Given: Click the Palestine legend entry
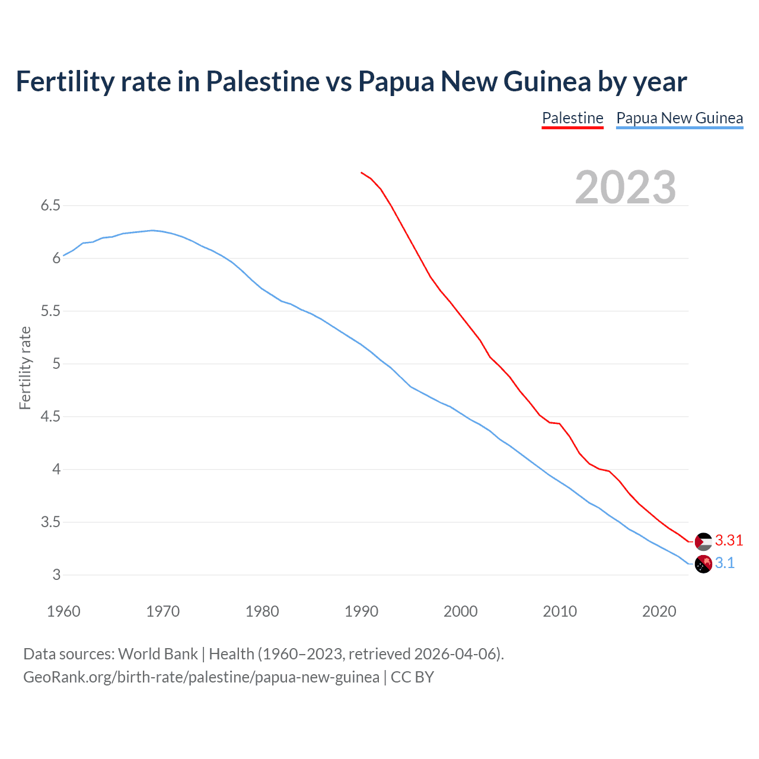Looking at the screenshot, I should click(x=572, y=118).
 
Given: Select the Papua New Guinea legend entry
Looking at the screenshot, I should click(x=680, y=118).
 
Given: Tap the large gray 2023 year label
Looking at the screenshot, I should click(x=626, y=187).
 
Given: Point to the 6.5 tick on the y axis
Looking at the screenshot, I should click(x=50, y=206).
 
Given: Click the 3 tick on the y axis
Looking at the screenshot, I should click(x=56, y=575).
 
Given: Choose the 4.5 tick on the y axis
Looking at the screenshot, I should click(x=50, y=417).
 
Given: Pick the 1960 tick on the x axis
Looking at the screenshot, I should click(x=63, y=611).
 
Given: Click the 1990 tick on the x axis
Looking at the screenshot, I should click(x=361, y=611).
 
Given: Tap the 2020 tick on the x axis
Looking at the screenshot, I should click(x=659, y=611).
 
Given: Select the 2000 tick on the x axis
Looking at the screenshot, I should click(x=460, y=611).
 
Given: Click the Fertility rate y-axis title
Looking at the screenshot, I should click(x=25, y=368).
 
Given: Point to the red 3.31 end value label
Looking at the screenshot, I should click(x=729, y=540).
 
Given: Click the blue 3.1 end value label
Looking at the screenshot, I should click(x=725, y=563).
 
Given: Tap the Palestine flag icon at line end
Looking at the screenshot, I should click(x=703, y=541).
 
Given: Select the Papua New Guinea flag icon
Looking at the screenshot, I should click(x=703, y=564).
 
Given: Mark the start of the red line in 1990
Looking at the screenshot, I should click(x=361, y=173).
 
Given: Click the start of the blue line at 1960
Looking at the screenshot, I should click(x=63, y=256).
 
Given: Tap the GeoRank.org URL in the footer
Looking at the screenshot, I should click(x=201, y=677).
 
